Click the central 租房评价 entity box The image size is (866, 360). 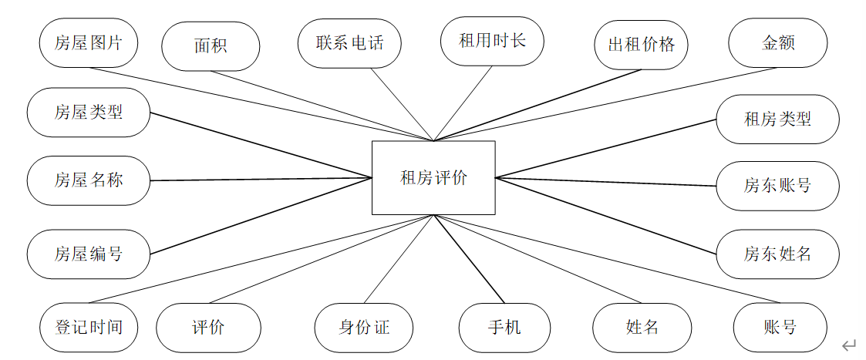tap(433, 177)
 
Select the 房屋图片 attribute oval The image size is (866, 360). tap(88, 42)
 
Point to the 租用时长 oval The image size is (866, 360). tap(492, 41)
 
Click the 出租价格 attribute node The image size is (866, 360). tap(641, 45)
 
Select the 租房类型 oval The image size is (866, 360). tap(777, 119)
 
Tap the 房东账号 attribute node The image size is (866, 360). tap(777, 185)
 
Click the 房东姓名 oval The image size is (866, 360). tap(777, 253)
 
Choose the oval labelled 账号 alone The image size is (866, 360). tap(780, 328)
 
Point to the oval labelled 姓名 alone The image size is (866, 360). tap(642, 328)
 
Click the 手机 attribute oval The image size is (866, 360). tap(504, 328)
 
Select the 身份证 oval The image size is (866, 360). tap(364, 328)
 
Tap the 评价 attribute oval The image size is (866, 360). tap(207, 328)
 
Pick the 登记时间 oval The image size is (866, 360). tap(89, 328)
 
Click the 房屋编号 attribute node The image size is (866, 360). tap(88, 253)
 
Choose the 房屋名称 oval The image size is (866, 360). tap(88, 181)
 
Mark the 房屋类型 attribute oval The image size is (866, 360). tap(88, 113)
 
